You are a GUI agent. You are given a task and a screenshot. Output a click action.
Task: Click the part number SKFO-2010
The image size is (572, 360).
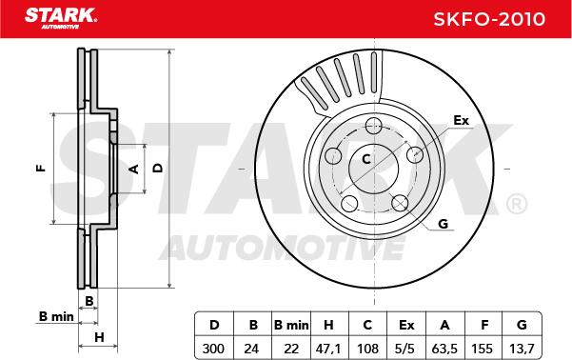[489, 19]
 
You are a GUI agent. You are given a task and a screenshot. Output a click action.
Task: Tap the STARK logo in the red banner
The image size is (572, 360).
[61, 18]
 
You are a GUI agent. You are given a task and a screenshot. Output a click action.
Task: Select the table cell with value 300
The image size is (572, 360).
[213, 349]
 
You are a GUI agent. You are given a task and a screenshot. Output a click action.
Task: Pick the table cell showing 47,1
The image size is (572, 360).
[328, 349]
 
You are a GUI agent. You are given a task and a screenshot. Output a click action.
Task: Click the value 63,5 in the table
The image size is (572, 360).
[444, 349]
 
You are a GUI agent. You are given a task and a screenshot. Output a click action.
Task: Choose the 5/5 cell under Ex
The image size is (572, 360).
[405, 349]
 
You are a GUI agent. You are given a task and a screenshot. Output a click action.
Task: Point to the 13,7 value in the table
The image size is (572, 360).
[522, 349]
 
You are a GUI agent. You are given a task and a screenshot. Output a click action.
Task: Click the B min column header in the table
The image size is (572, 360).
[291, 325]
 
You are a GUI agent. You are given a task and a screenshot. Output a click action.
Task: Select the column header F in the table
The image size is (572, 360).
[484, 325]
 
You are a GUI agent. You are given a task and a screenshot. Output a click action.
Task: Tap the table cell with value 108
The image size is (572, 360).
[367, 349]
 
